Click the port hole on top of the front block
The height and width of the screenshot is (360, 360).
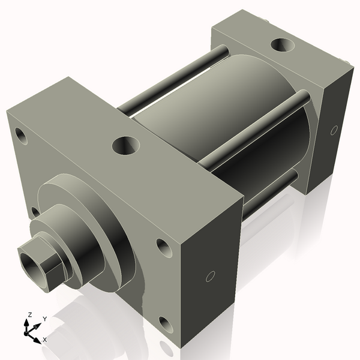tap(126, 144)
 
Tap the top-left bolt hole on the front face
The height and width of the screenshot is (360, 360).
tap(22, 135)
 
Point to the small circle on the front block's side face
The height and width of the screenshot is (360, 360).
tap(209, 276)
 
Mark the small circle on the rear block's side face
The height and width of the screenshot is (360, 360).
tap(334, 130)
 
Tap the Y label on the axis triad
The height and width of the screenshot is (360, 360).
tap(44, 319)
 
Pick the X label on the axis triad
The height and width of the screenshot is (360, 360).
tap(44, 340)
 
